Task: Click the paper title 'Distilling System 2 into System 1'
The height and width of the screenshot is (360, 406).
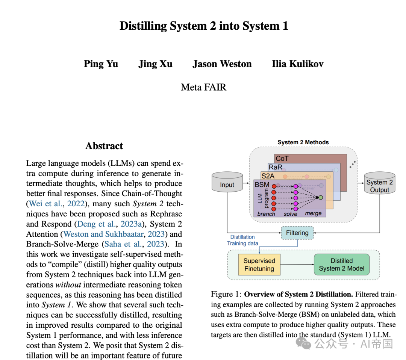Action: tap(203, 26)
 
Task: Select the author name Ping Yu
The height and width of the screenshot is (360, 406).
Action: tap(101, 64)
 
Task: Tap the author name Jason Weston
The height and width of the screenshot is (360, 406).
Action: tap(222, 64)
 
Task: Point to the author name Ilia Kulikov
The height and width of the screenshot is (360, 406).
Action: tap(297, 64)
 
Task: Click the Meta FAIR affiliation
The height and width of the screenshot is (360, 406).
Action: tap(203, 87)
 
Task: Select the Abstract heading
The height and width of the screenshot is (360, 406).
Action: tap(104, 146)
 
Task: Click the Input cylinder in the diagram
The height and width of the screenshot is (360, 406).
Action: tap(227, 183)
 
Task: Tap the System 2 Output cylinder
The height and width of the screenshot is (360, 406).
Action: tap(379, 184)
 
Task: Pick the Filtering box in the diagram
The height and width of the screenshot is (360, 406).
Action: tap(297, 233)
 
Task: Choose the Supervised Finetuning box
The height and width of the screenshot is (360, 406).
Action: tap(259, 265)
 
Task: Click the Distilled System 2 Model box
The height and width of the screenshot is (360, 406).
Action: tap(341, 265)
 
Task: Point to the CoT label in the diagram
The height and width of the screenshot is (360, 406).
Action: tap(282, 159)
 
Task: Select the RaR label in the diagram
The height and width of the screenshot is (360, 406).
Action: tap(275, 167)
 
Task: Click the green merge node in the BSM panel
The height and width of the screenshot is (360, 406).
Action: tap(320, 197)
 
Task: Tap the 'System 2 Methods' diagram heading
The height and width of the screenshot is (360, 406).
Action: tap(303, 142)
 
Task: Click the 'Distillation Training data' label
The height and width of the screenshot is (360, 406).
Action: tap(242, 240)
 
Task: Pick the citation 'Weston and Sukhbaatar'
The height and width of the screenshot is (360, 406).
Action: tap(104, 234)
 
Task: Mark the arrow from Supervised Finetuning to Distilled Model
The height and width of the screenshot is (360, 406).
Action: tap(297, 265)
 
